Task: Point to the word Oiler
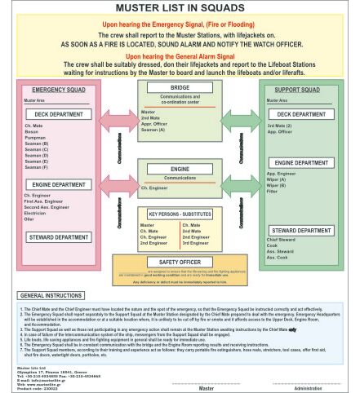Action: tap(30, 219)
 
